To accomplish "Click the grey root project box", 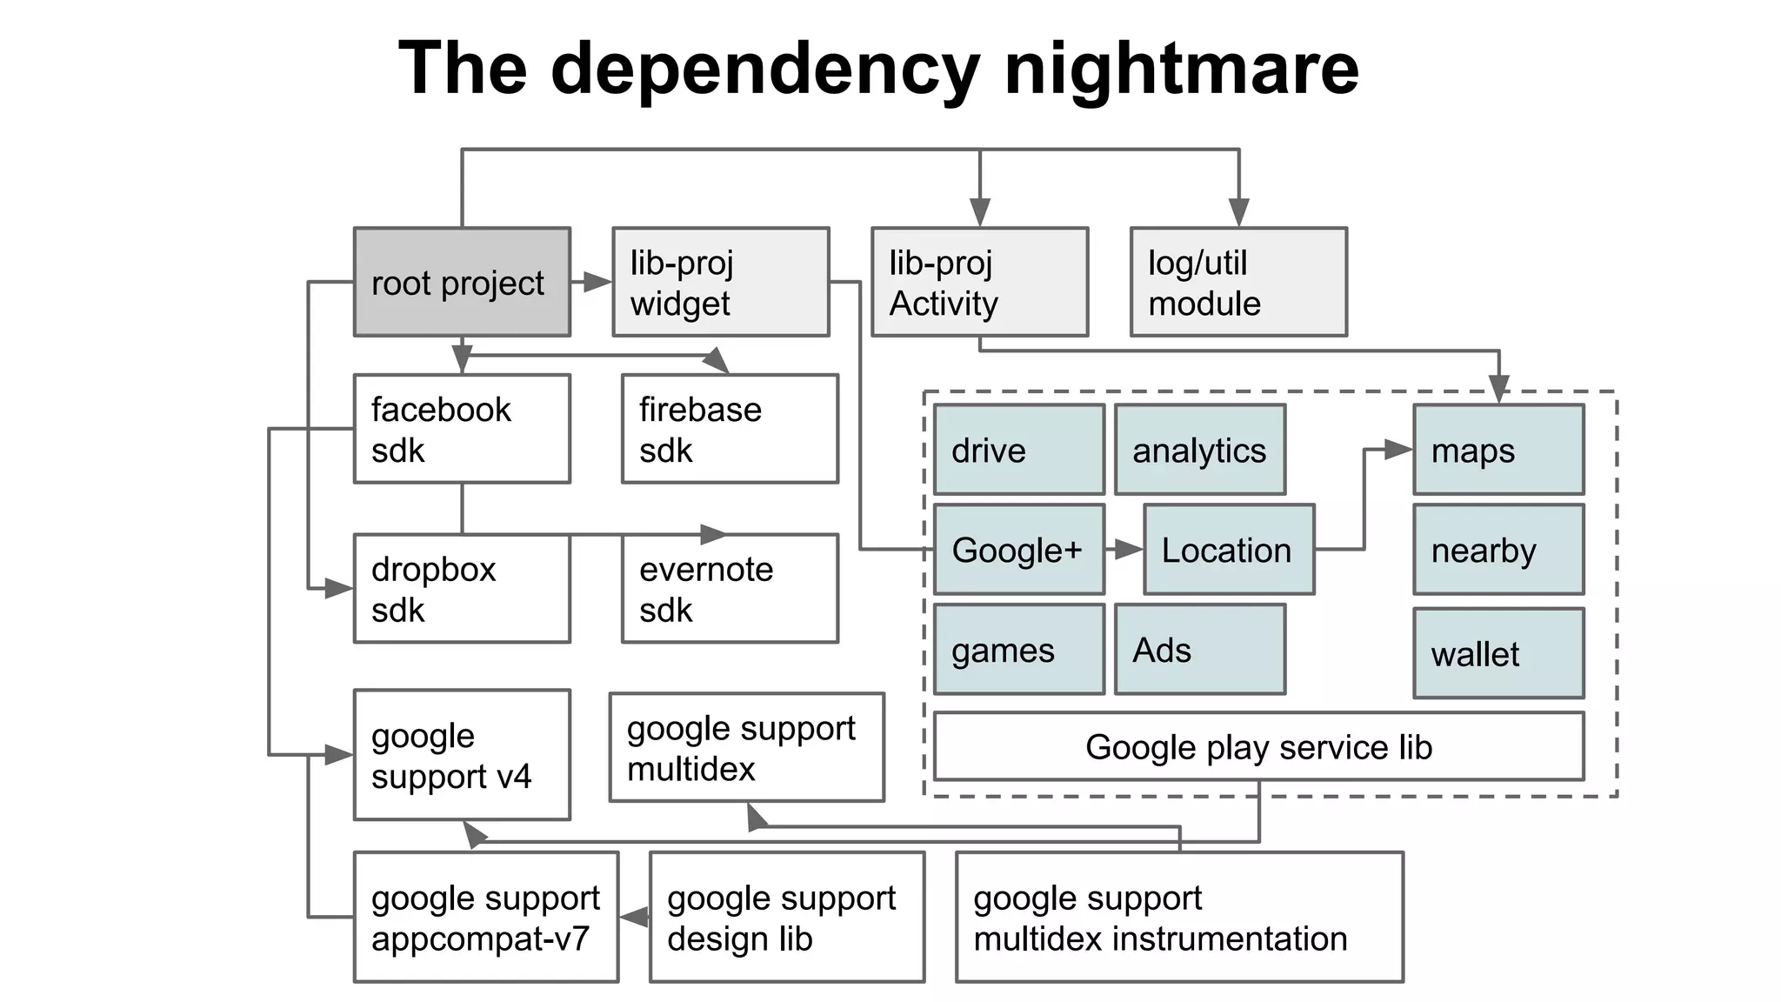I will click(462, 282).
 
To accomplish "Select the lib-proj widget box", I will click(720, 282).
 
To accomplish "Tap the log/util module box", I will click(1238, 282).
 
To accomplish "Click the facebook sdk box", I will click(462, 429).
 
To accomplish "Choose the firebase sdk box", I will click(730, 429).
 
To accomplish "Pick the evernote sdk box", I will click(730, 589).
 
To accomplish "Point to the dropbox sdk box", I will click(462, 589).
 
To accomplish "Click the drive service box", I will click(1019, 450).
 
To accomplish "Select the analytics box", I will click(1200, 450).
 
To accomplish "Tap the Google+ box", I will click(1019, 550).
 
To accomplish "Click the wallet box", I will click(1498, 653).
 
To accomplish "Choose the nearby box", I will click(1498, 550).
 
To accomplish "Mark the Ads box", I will click(1200, 650).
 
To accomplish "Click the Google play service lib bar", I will click(1258, 746).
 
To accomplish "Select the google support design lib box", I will click(787, 917).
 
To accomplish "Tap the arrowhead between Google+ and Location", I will click(1129, 550).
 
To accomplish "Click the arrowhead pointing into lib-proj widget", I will click(597, 282).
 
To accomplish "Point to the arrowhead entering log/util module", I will click(1238, 212).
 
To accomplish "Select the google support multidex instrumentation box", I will click(1179, 917).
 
